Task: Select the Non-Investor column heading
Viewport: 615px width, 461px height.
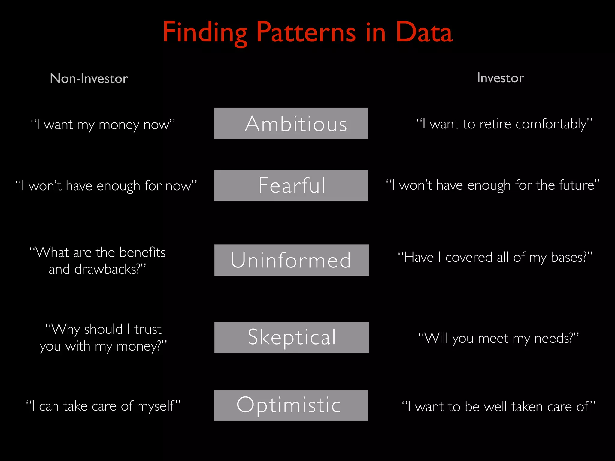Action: [89, 78]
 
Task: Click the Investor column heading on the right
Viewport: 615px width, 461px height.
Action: [500, 78]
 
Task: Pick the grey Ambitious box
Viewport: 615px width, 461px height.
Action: [291, 123]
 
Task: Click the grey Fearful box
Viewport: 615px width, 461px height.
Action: [291, 185]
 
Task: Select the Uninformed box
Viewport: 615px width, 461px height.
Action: [291, 260]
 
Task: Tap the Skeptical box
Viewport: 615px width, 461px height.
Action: [291, 337]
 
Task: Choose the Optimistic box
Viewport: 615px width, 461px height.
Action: [291, 405]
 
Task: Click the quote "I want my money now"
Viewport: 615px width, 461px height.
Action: [103, 124]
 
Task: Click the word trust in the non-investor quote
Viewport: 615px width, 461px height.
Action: [148, 329]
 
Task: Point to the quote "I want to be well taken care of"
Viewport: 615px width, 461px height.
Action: [498, 407]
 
